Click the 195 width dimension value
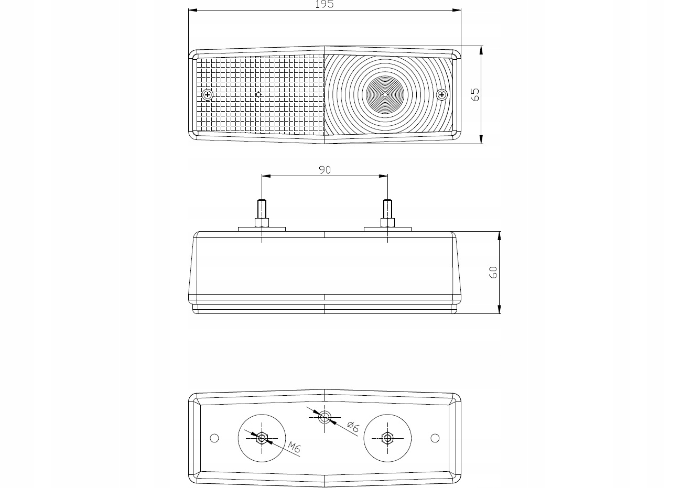point(325,4)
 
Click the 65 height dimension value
point(475,94)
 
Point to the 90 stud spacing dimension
point(325,170)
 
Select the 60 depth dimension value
point(493,272)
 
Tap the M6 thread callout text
point(294,447)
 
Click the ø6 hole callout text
point(353,427)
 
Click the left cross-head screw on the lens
point(208,95)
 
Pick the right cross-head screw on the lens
point(442,95)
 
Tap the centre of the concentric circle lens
point(385,94)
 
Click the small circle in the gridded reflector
point(259,94)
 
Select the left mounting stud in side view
point(262,213)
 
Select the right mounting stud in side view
point(387,213)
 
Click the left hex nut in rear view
point(262,438)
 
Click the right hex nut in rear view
point(387,438)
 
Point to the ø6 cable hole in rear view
point(325,417)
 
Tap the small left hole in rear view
point(214,438)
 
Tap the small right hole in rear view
point(435,438)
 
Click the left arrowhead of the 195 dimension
point(193,10)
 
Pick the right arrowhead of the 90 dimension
point(383,176)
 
